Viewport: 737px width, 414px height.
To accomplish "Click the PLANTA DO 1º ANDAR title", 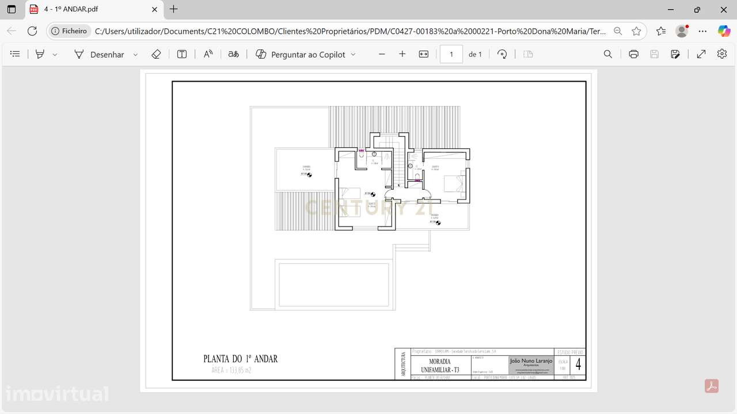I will [x=241, y=359].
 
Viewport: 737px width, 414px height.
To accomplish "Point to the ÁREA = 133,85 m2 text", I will [x=231, y=370].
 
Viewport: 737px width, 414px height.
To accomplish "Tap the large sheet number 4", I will [x=578, y=364].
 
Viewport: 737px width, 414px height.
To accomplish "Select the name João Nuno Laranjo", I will [x=531, y=361].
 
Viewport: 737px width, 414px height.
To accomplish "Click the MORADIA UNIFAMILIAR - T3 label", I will [x=440, y=366].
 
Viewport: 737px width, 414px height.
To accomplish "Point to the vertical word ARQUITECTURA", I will [x=403, y=364].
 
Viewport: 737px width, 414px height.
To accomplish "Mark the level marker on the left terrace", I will [x=309, y=174].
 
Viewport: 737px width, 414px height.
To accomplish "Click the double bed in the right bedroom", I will [x=455, y=183].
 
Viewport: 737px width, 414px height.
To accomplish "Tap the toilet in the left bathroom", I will [x=362, y=155].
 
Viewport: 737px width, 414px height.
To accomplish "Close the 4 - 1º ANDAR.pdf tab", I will [x=154, y=9].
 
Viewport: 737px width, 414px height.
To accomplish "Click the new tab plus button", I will [x=174, y=9].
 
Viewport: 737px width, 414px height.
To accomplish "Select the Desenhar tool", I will [x=107, y=54].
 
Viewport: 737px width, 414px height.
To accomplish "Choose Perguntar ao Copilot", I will [x=306, y=54].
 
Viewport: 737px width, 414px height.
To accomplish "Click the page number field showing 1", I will [x=451, y=54].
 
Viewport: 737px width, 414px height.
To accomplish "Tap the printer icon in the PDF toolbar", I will [x=633, y=54].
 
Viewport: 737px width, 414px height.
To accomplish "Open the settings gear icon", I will [x=722, y=54].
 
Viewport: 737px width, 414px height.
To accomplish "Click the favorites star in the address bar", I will [x=636, y=31].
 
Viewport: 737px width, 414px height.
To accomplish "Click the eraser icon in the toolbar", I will [x=156, y=54].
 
